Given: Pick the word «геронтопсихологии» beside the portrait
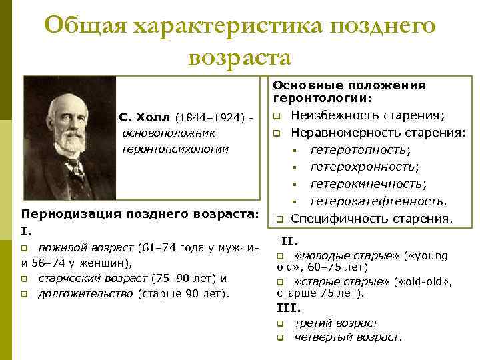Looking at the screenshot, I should (x=175, y=148).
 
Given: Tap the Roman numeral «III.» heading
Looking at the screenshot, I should (x=288, y=308).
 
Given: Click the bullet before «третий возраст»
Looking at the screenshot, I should (x=281, y=323).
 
